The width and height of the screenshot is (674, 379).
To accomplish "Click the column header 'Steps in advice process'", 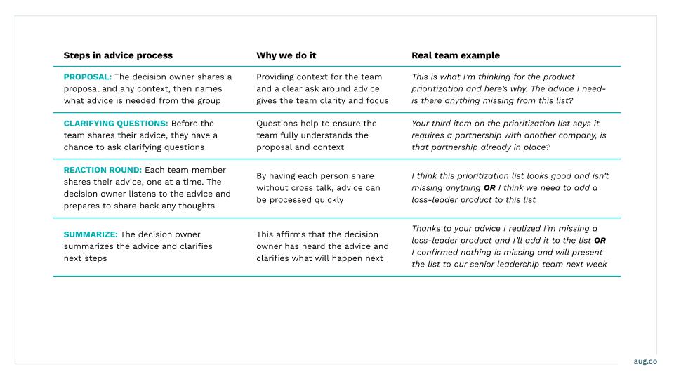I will (x=118, y=55).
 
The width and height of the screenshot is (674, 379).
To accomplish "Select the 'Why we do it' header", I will (x=286, y=55).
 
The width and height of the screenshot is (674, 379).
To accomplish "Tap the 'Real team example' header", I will (x=456, y=55).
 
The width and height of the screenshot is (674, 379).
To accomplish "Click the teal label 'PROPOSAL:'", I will (x=87, y=77).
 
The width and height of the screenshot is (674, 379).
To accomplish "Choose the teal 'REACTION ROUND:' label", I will (x=103, y=170).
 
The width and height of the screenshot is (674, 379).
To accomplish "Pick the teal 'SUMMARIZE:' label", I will (x=91, y=234).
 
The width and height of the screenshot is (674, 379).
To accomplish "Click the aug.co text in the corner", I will (x=645, y=361).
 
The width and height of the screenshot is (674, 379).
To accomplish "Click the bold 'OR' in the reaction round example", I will (x=489, y=188).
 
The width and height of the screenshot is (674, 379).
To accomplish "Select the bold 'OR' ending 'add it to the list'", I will (x=600, y=241).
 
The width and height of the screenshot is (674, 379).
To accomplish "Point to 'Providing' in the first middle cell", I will (x=277, y=77).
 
